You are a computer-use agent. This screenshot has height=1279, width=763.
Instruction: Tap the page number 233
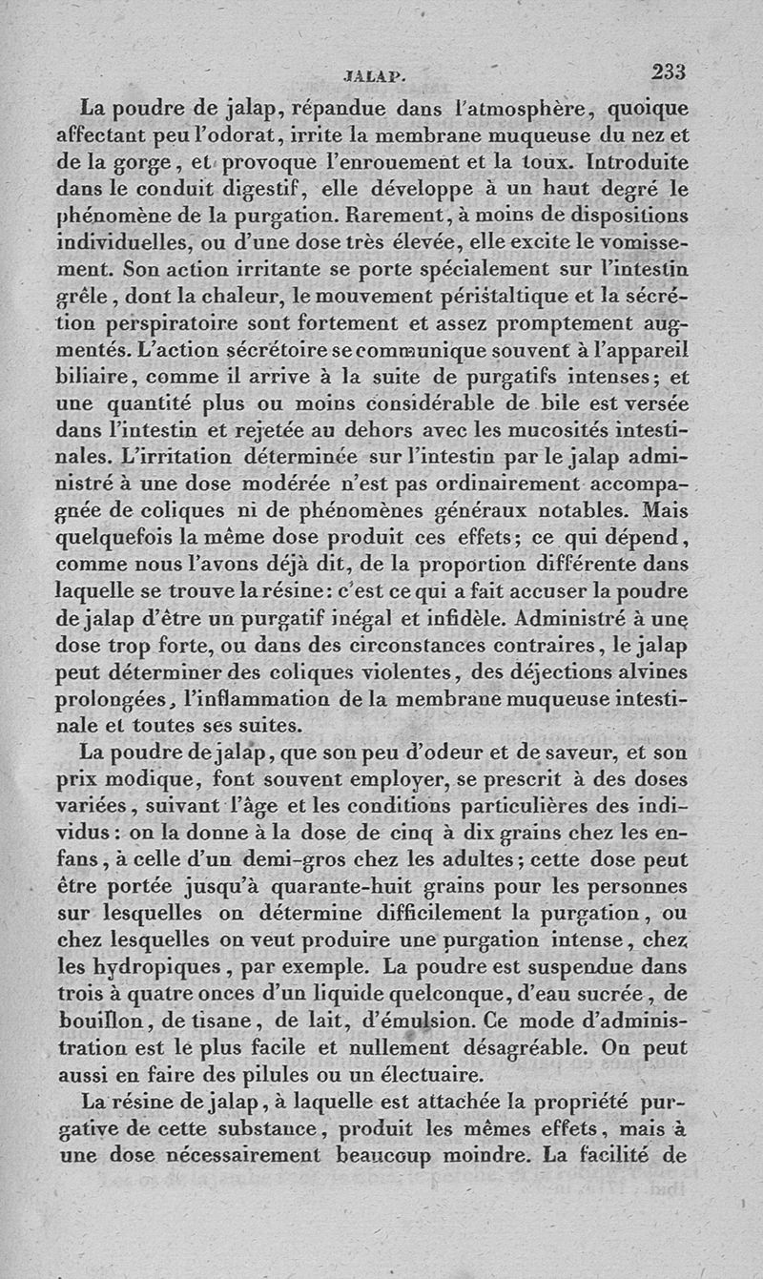[670, 72]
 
